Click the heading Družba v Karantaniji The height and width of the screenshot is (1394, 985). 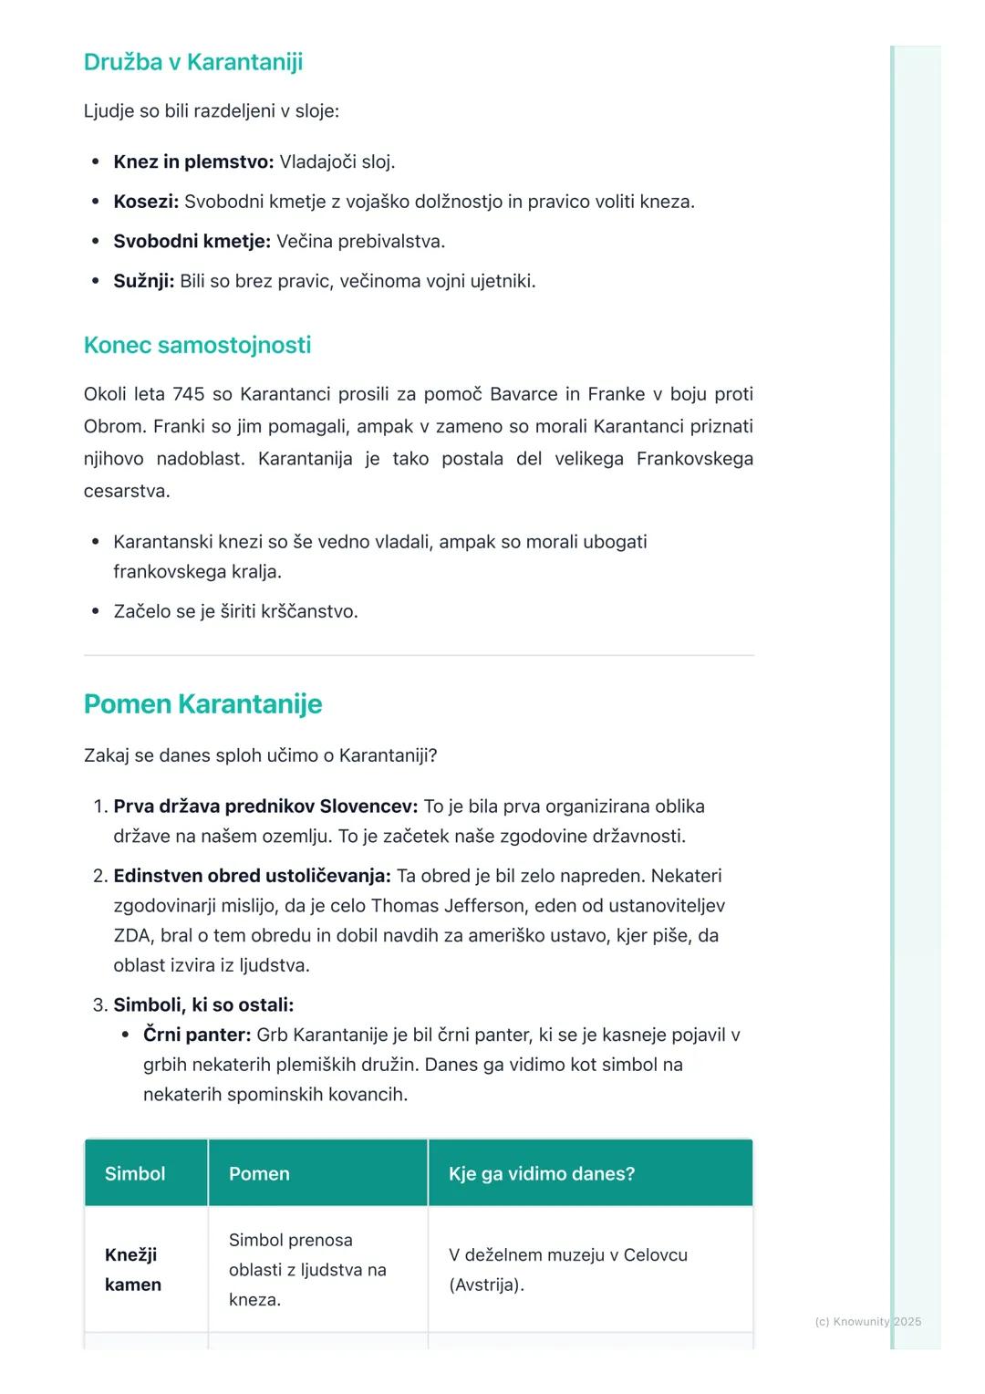pyautogui.click(x=192, y=62)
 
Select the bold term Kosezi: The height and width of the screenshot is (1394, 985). pyautogui.click(x=146, y=202)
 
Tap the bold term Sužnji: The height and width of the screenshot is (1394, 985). pyautogui.click(x=143, y=281)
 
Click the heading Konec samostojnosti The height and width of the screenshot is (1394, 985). pyautogui.click(x=197, y=345)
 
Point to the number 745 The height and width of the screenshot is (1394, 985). pyautogui.click(x=188, y=394)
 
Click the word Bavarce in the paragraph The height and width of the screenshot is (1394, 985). pyautogui.click(x=524, y=394)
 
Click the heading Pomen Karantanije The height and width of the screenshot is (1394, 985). pyautogui.click(x=202, y=703)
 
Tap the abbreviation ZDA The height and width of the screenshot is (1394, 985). pyautogui.click(x=132, y=936)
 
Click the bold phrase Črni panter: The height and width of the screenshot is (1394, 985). pyautogui.click(x=197, y=1035)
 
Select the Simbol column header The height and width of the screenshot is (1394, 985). pyautogui.click(x=135, y=1174)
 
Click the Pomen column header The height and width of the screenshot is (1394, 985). pyautogui.click(x=259, y=1174)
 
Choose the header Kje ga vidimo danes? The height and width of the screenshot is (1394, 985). pyautogui.click(x=542, y=1174)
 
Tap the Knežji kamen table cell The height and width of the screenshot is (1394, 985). pyautogui.click(x=133, y=1270)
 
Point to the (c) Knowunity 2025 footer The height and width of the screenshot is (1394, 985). pyautogui.click(x=867, y=1321)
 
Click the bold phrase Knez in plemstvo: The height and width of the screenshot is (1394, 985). pyautogui.click(x=193, y=162)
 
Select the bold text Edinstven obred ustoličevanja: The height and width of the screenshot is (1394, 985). pyautogui.click(x=252, y=876)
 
